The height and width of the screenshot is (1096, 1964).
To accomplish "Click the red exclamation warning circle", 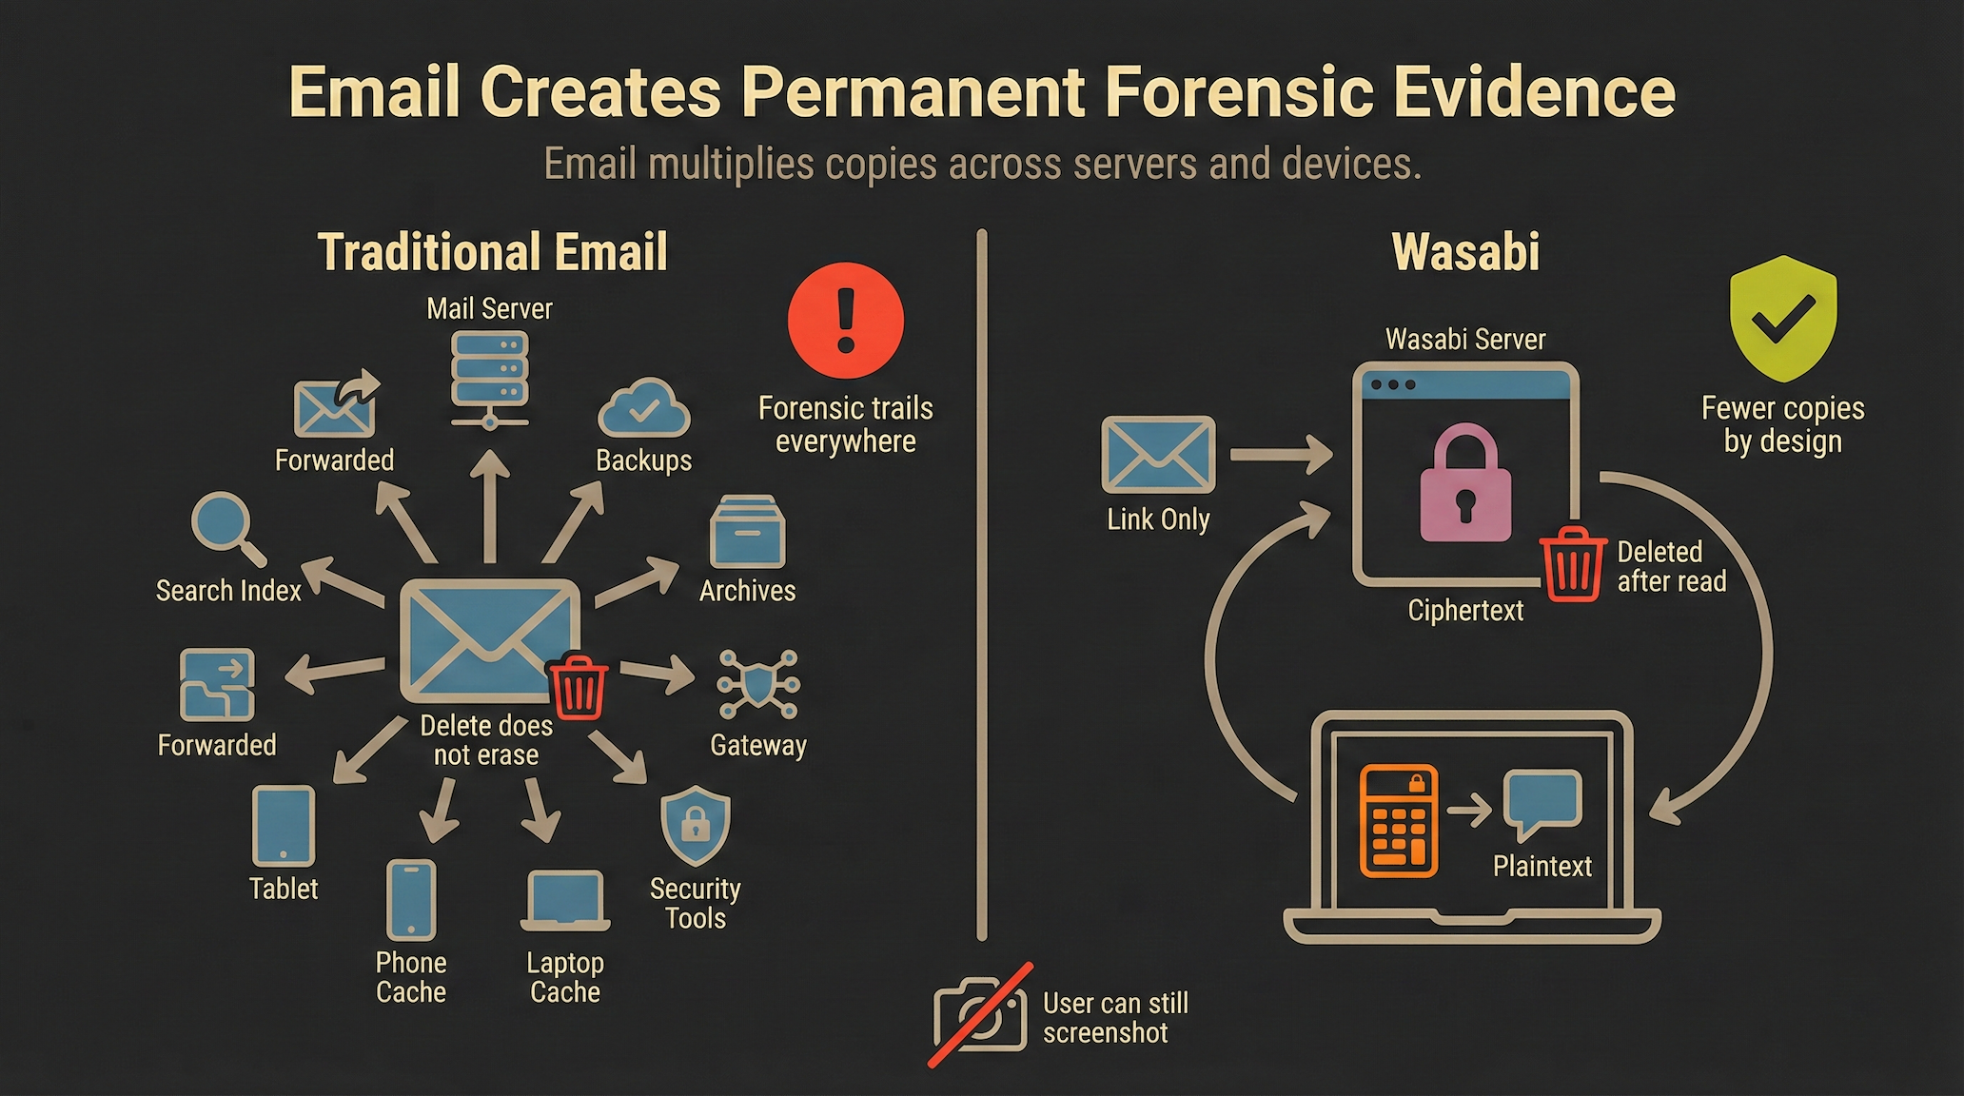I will (x=845, y=321).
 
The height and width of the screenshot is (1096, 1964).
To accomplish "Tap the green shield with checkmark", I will (x=1782, y=318).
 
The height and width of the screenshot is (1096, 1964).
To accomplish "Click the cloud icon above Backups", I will (x=644, y=409).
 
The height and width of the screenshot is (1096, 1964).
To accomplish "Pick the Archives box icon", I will (x=747, y=532).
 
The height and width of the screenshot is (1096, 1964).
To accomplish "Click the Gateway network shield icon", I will (x=757, y=684).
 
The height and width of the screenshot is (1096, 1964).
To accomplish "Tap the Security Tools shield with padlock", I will (x=696, y=825).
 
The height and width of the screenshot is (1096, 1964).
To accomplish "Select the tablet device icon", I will (x=284, y=826).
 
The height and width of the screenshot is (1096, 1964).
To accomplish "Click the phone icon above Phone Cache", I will (x=411, y=900).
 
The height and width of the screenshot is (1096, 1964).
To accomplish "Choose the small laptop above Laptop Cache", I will (x=565, y=900).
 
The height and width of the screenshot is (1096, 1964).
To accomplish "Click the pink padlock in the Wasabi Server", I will (x=1465, y=485).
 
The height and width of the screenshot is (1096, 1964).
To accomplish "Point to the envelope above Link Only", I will (x=1158, y=454).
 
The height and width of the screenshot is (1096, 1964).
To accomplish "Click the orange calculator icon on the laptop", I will (x=1398, y=820).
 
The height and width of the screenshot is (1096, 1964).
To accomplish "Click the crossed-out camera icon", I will (x=980, y=1016).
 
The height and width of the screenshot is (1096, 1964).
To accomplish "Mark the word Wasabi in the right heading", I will (x=1465, y=252).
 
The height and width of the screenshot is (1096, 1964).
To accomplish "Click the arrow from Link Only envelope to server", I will (x=1281, y=454).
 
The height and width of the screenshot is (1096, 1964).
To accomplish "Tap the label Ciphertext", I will (x=1465, y=611).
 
